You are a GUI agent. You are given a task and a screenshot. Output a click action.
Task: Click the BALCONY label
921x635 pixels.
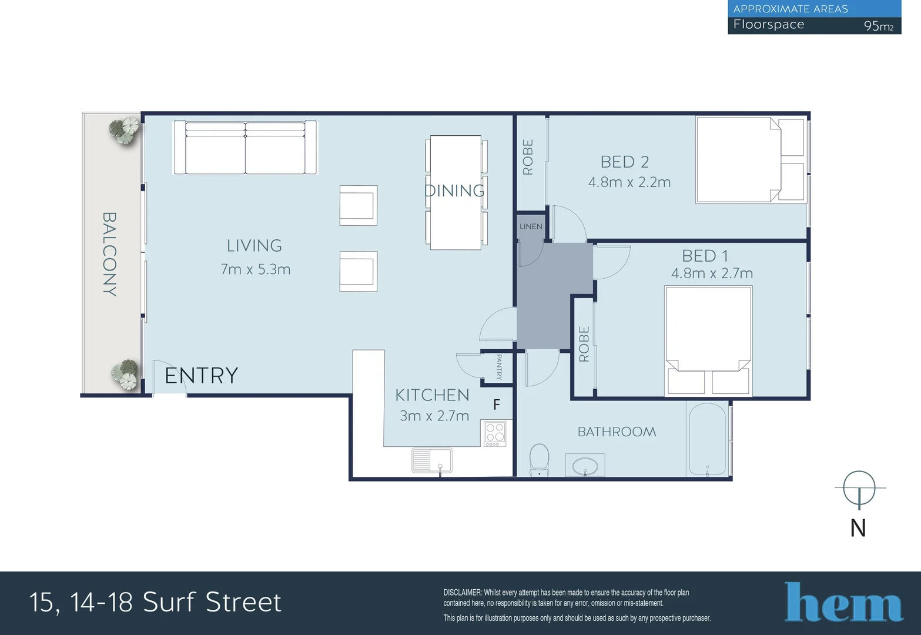click(110, 254)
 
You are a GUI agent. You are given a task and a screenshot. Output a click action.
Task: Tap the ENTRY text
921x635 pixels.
click(201, 376)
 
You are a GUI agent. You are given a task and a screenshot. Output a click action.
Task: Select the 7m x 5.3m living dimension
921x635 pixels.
click(256, 269)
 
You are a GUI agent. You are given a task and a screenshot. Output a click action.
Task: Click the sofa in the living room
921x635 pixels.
click(245, 148)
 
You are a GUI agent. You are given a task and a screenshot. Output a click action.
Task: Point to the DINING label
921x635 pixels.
click(454, 190)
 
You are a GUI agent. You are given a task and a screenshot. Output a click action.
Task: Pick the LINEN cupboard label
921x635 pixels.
click(531, 226)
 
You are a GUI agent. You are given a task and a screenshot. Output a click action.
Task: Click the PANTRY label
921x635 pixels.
click(499, 367)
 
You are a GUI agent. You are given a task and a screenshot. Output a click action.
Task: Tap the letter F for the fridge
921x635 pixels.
click(497, 405)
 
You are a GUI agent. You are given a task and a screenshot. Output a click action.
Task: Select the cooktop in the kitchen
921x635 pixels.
click(495, 433)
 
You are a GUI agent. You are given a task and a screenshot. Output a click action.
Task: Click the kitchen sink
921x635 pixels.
click(432, 460)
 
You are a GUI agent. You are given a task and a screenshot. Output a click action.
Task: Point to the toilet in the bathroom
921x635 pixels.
click(540, 460)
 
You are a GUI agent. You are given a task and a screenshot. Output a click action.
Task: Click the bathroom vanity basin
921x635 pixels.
click(585, 466)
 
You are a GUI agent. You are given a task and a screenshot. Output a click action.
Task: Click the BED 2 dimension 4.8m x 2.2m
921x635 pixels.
click(629, 182)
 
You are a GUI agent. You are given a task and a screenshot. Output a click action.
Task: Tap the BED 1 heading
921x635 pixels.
click(705, 256)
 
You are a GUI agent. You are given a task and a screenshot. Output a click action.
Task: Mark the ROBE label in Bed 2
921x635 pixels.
click(528, 157)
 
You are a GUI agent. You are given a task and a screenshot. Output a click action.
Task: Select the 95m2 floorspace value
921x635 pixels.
click(878, 26)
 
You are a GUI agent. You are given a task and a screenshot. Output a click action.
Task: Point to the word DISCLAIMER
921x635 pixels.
click(462, 593)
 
